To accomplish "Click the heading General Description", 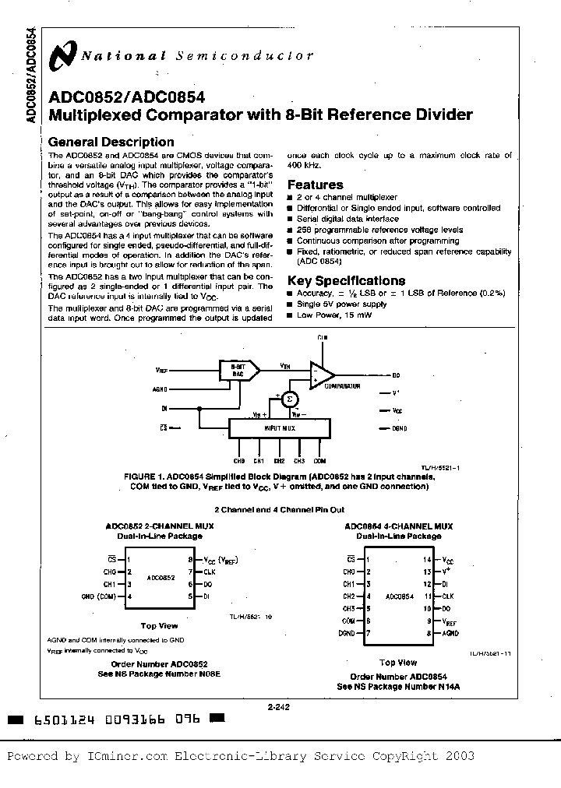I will [x=111, y=142].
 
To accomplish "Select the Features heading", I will [x=315, y=185].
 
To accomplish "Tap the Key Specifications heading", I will [x=346, y=280].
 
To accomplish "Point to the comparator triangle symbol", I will [x=322, y=375].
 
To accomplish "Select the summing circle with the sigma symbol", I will [x=289, y=399].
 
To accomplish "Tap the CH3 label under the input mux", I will [x=300, y=461].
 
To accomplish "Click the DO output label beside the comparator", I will [x=396, y=375].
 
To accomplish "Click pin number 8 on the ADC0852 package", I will [x=189, y=559].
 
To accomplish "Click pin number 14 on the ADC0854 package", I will [x=426, y=560].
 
